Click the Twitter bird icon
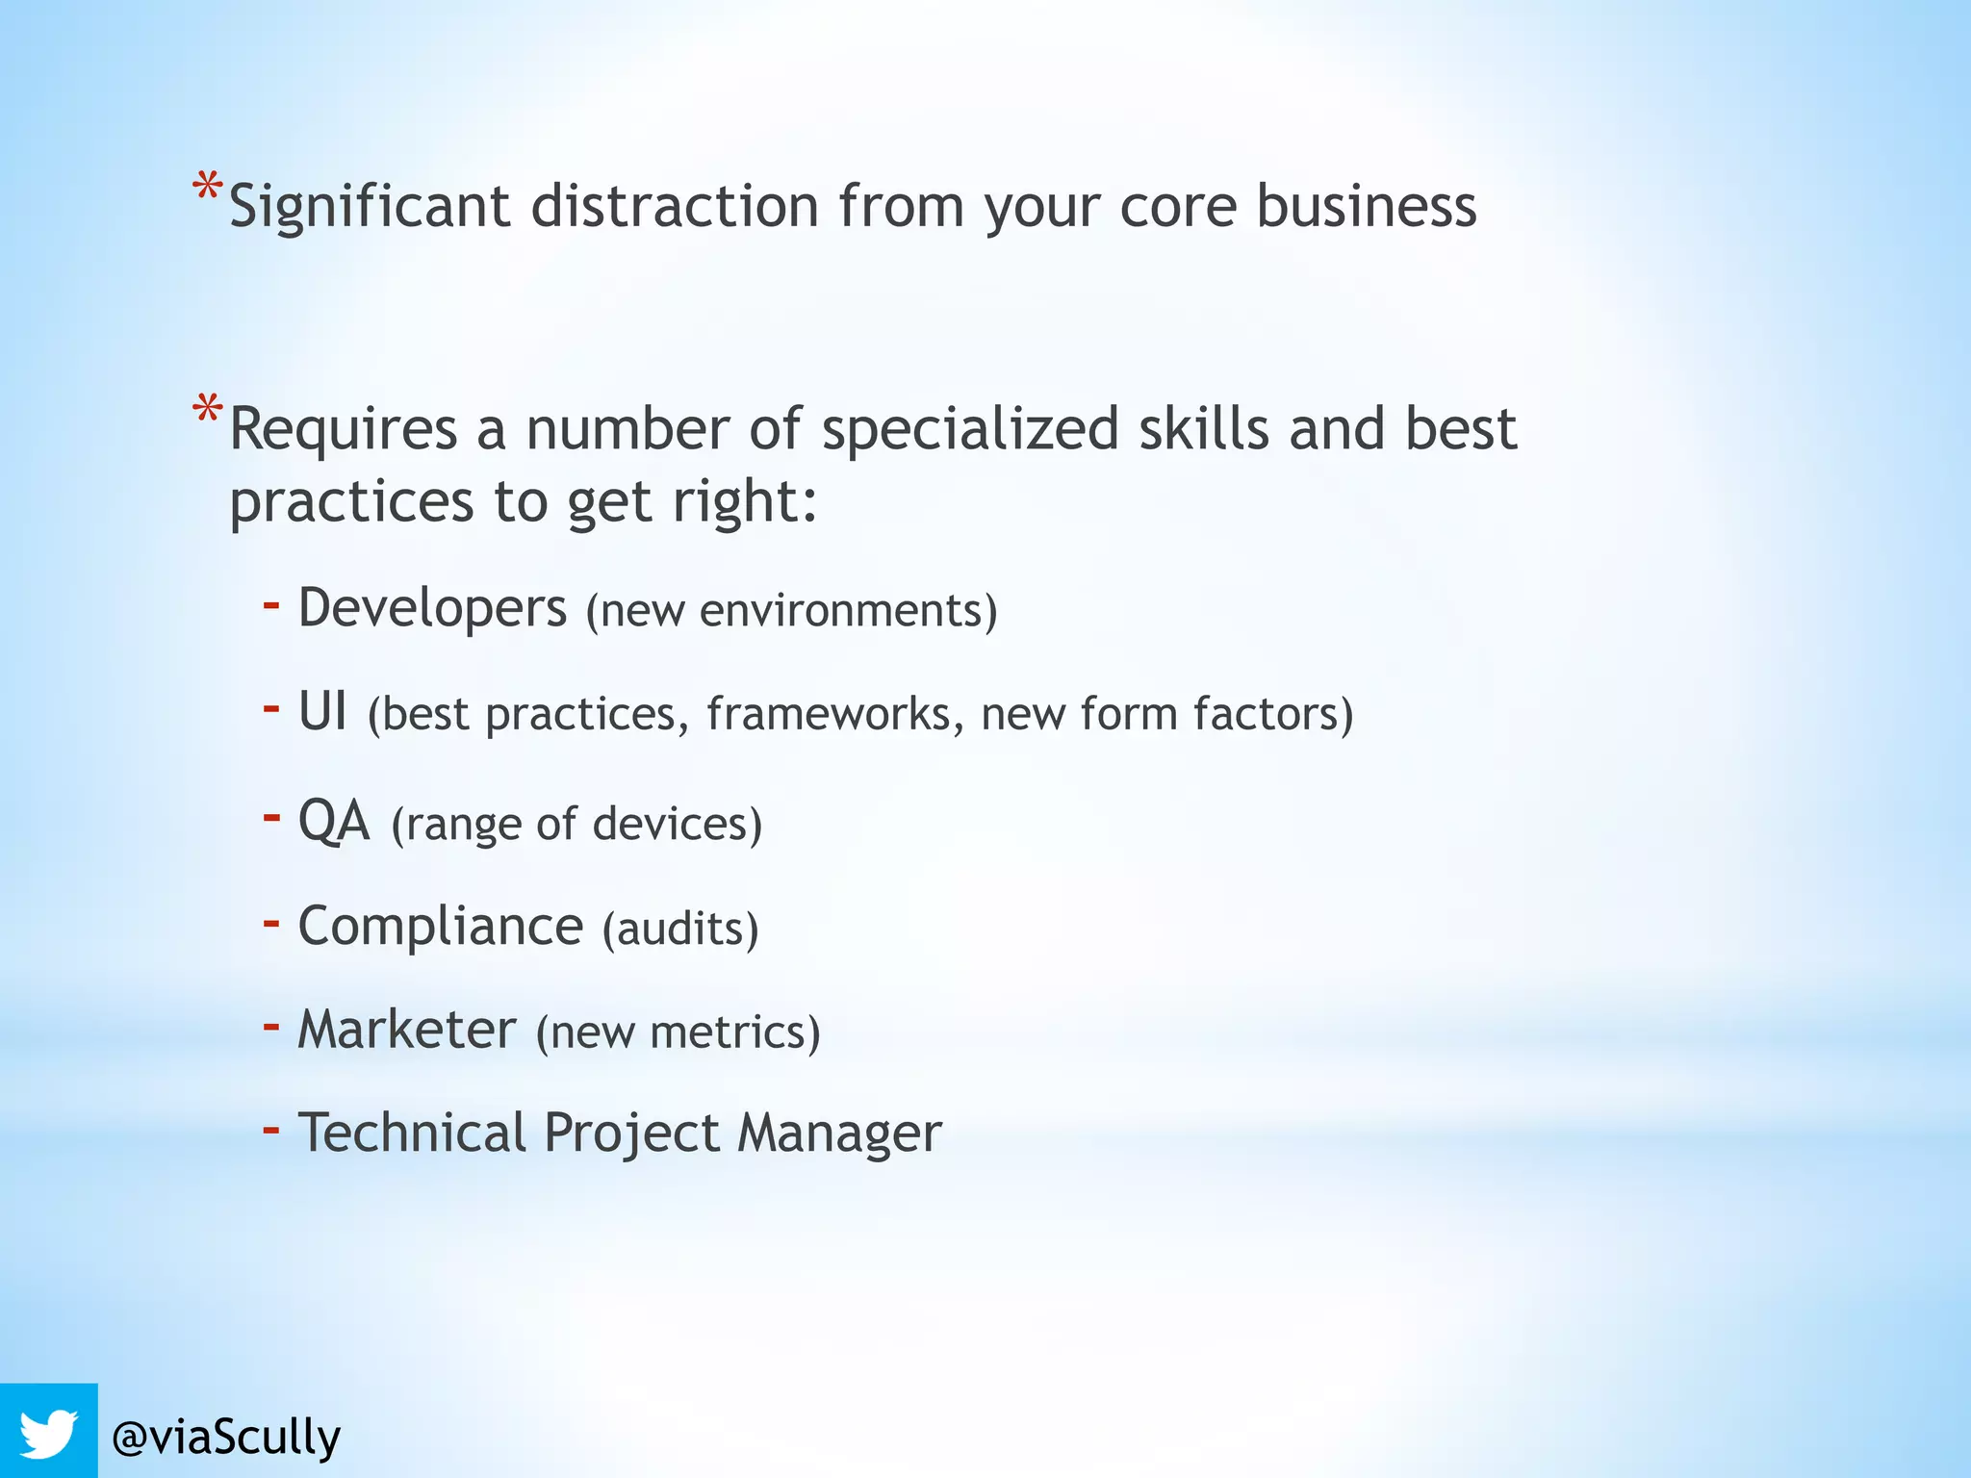pos(48,1432)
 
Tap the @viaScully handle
pos(226,1438)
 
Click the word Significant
pos(369,207)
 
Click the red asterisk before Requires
pos(207,410)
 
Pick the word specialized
pos(969,429)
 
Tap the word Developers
pos(432,608)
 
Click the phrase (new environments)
pos(791,611)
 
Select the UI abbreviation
pos(321,712)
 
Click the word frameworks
pos(834,714)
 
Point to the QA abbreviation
pos(334,821)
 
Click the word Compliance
pos(441,926)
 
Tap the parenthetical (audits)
pos(680,929)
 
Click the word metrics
pos(735,1032)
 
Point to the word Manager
pos(839,1133)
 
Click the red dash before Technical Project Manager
pos(271,1128)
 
